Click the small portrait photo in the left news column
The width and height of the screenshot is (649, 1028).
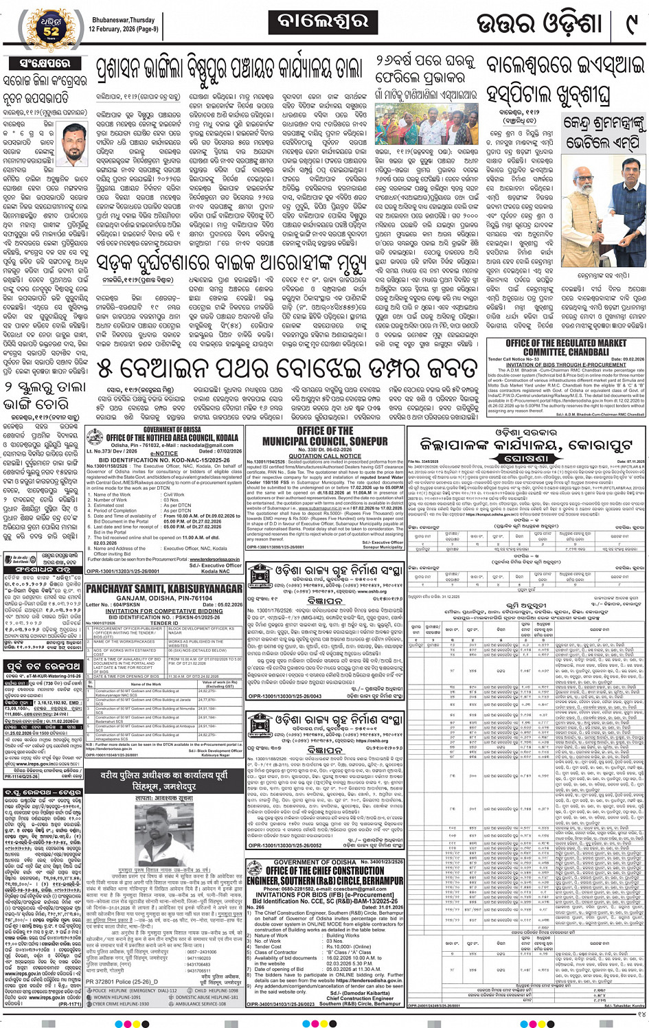point(73,144)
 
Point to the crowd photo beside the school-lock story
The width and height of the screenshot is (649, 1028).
point(426,123)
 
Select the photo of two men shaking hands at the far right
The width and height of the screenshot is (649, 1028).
point(604,201)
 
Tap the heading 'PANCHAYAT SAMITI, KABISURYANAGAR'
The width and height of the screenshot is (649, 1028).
point(164,589)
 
